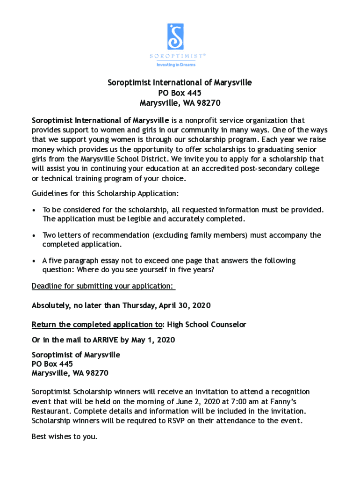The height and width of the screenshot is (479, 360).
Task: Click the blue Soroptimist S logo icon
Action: click(x=175, y=36)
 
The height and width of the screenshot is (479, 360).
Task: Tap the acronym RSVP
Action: click(x=178, y=421)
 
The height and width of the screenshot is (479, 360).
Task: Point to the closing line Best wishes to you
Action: click(x=65, y=437)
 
